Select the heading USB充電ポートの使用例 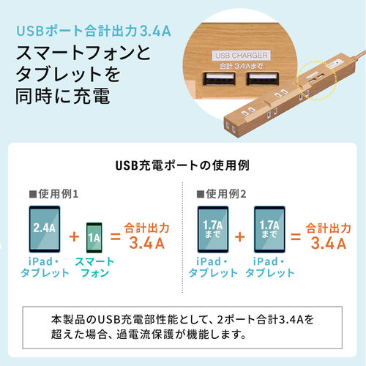click(x=182, y=165)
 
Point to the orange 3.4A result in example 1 click(x=149, y=240)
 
